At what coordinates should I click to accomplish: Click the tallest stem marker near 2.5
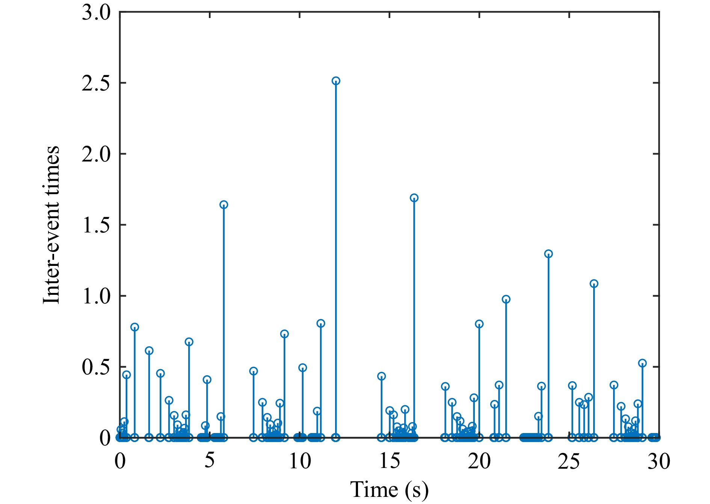336,81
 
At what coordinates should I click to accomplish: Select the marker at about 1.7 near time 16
414,198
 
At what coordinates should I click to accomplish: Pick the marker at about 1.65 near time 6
224,205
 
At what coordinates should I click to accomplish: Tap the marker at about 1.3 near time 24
548,254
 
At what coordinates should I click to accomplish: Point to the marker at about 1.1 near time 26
594,284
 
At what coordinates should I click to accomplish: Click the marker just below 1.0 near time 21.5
506,299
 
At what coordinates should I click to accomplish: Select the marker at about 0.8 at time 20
479,324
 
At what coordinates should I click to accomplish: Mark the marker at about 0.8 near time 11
320,323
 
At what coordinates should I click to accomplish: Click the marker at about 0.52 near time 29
642,363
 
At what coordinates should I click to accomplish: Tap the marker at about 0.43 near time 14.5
381,376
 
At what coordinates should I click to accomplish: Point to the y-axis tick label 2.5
96,83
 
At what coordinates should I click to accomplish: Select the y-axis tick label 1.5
96,225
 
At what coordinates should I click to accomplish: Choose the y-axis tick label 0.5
96,367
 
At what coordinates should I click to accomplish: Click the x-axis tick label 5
210,460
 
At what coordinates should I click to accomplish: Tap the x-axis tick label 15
390,460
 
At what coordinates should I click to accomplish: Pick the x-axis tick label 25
569,460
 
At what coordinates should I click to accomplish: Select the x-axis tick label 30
659,460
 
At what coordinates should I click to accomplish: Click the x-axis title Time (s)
389,490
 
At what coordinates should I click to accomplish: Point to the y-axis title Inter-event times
51,225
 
